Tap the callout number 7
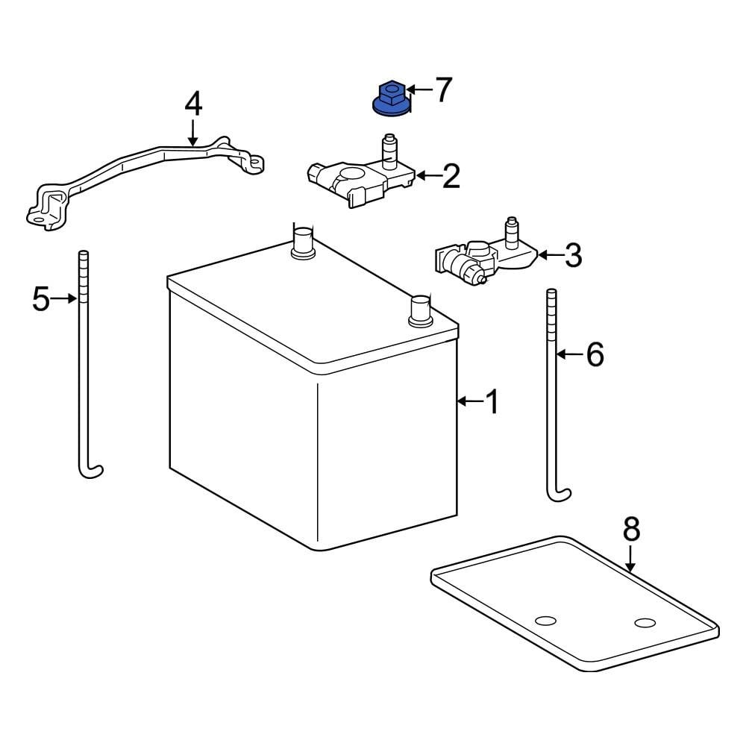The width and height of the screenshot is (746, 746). [443, 90]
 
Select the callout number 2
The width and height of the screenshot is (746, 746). [451, 176]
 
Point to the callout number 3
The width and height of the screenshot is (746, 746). [572, 255]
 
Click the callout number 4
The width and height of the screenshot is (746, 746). [193, 104]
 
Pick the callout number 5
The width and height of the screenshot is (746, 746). [41, 299]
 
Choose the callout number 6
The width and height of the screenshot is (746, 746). [594, 355]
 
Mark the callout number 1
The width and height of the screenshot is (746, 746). [492, 402]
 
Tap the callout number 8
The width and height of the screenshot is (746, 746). [631, 530]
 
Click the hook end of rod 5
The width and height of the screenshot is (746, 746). [91, 470]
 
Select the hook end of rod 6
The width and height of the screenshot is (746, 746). [559, 492]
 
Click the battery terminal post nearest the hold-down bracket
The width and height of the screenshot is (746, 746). [302, 242]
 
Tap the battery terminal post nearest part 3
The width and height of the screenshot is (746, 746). [420, 309]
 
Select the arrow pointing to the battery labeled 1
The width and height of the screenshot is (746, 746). [470, 402]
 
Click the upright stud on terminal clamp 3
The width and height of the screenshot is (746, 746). [512, 231]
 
